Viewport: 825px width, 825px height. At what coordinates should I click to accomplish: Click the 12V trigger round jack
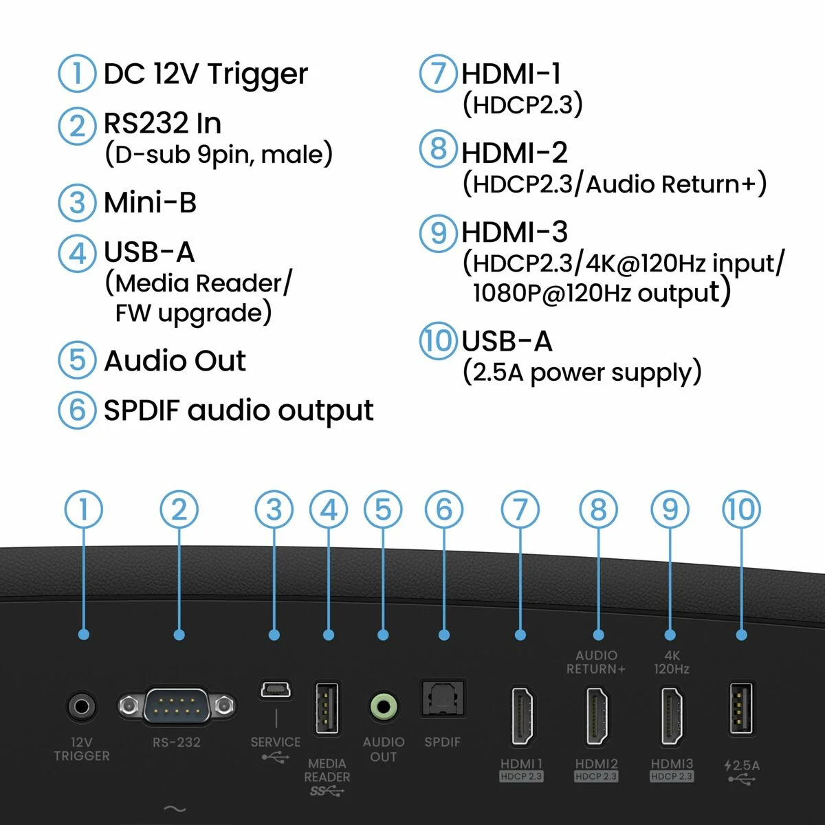tap(82, 706)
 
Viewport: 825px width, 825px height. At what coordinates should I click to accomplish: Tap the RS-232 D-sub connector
tap(176, 705)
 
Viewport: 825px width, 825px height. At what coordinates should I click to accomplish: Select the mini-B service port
tap(275, 689)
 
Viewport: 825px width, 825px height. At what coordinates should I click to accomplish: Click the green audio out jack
tap(384, 706)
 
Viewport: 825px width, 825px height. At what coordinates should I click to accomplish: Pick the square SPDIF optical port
tap(443, 699)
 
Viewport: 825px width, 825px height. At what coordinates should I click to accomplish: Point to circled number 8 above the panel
tap(598, 510)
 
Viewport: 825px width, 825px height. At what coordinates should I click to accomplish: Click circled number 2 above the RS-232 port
tap(179, 510)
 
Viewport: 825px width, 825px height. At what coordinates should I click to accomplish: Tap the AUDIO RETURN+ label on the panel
tap(596, 662)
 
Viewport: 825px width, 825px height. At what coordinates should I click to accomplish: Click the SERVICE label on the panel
tap(275, 742)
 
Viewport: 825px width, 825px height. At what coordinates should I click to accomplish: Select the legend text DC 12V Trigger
tap(206, 74)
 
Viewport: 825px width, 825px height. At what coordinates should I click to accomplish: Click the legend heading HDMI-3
tap(514, 232)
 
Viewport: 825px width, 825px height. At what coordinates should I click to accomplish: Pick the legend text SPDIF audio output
tap(238, 410)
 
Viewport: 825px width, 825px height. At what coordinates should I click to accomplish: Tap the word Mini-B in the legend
tap(150, 203)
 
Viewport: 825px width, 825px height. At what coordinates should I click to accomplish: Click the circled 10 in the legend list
tap(438, 341)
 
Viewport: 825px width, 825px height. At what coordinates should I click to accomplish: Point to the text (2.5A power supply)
tap(582, 373)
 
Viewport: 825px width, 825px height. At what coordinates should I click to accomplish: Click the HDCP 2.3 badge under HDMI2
tap(596, 776)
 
